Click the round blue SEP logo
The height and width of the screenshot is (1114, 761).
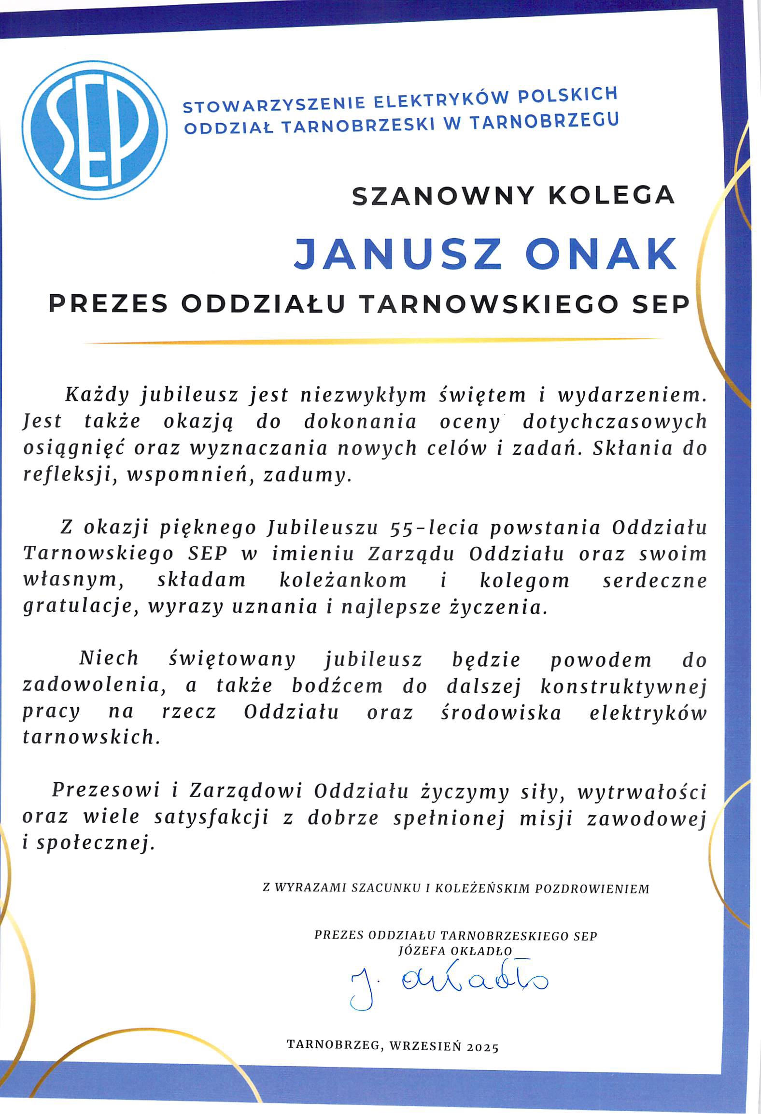(95, 129)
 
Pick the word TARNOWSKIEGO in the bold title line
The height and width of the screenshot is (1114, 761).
(488, 304)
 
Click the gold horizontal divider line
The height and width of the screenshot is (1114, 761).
(372, 341)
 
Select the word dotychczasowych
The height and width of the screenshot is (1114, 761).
(615, 422)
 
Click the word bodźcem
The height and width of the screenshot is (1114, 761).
(337, 686)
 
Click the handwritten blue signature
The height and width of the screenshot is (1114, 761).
(449, 981)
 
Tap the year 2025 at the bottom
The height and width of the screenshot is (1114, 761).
(482, 1047)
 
